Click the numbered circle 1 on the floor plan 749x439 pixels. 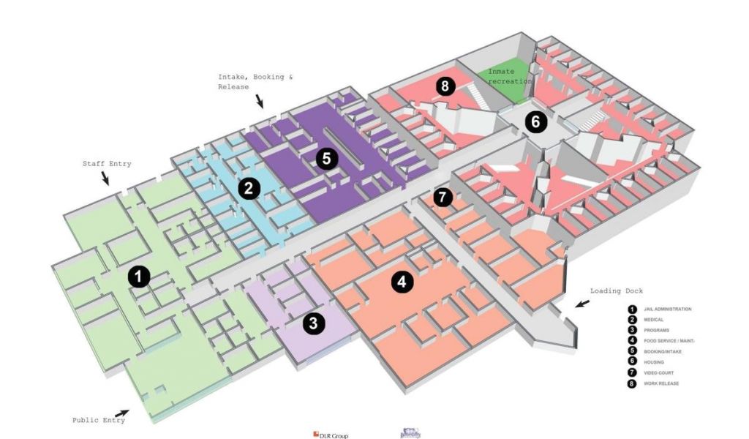[x=138, y=276]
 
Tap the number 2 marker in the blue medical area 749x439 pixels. [x=249, y=189]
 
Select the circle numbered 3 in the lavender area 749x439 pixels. [x=314, y=323]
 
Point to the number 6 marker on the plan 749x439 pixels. [x=535, y=121]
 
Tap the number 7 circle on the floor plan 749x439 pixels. [x=443, y=197]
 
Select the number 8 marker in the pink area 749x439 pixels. [x=445, y=86]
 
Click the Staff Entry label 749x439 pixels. [x=106, y=164]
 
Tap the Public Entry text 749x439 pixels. [x=98, y=420]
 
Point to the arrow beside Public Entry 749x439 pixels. [x=122, y=413]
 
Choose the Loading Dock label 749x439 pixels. [x=616, y=290]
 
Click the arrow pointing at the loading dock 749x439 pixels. [x=582, y=303]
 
